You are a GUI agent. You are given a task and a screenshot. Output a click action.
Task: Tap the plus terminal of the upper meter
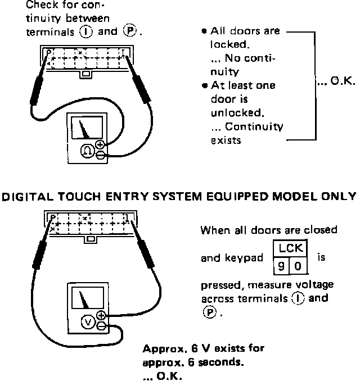[x=101, y=144]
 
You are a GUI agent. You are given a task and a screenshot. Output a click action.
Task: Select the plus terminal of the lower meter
[x=101, y=315]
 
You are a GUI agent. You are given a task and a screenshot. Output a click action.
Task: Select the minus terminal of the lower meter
[x=101, y=325]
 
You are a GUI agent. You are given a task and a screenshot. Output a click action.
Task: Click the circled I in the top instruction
[x=87, y=32]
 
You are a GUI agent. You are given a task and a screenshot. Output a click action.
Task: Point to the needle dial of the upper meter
[x=85, y=128]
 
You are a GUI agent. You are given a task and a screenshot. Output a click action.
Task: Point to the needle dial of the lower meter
[x=84, y=299]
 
